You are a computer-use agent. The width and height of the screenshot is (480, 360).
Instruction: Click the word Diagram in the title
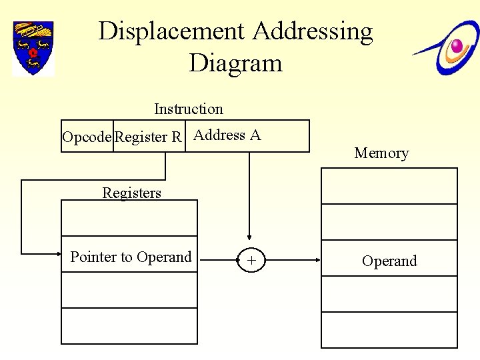235,63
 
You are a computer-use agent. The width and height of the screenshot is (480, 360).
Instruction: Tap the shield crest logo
33,48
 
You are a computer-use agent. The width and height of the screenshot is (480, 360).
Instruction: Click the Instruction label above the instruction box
189,109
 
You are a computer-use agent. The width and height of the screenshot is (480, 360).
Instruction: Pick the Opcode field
87,137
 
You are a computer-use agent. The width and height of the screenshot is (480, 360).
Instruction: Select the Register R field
149,137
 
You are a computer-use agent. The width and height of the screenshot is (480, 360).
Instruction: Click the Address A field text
227,135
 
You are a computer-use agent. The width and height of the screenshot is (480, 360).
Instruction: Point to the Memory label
381,153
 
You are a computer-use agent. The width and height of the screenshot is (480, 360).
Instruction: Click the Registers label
131,193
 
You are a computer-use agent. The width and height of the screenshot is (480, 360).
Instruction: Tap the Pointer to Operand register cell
131,257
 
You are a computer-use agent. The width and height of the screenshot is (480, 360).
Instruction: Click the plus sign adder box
251,261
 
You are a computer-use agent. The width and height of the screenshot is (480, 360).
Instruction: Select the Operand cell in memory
389,261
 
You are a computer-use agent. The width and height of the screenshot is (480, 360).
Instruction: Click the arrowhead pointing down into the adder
249,235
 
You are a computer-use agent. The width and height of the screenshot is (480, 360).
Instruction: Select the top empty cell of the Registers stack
129,218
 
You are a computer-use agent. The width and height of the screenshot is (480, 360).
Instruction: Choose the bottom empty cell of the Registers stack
129,326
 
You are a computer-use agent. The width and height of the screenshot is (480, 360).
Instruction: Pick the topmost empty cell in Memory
389,185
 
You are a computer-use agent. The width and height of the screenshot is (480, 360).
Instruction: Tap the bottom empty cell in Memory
389,330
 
